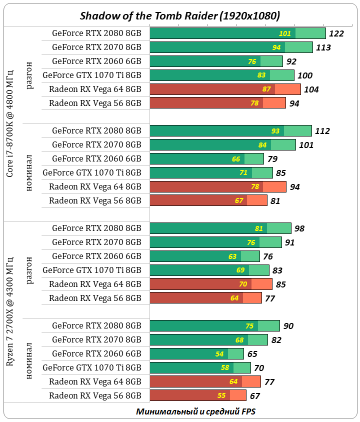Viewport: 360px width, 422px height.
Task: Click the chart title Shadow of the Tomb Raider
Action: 180,15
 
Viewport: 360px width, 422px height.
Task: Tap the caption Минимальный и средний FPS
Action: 195,411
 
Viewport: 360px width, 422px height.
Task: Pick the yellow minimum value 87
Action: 266,89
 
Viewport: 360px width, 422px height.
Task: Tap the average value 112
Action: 322,131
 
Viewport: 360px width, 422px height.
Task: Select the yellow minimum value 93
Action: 275,131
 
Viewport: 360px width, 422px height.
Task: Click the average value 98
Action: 299,228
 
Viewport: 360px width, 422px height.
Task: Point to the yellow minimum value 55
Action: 222,395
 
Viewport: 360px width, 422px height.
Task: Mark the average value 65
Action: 252,354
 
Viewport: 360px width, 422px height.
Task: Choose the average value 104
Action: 311,89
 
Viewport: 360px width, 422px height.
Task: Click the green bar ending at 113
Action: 231,47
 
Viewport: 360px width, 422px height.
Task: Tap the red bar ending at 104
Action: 225,89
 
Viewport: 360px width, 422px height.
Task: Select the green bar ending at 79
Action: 206,159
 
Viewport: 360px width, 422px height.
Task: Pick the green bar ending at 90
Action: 214,326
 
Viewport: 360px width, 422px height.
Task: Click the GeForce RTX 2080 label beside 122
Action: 96,33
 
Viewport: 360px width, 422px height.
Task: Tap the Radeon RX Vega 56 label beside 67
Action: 95,395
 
